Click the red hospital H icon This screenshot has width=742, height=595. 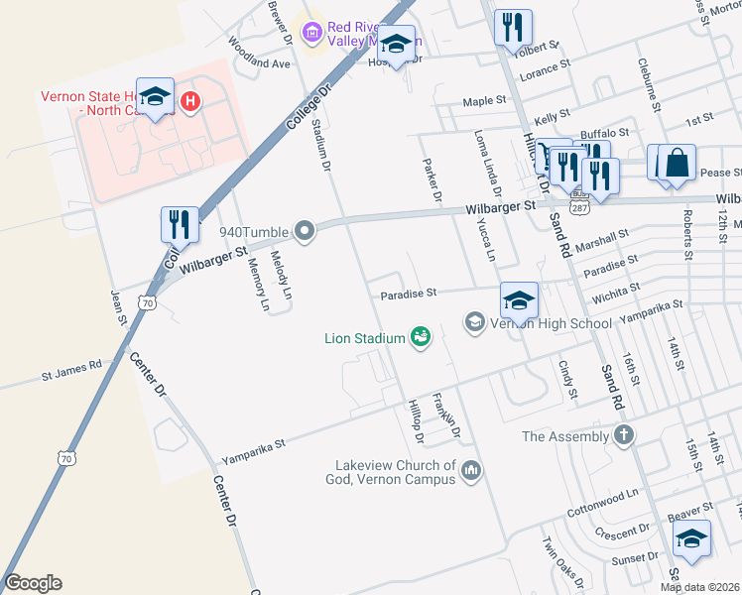click(x=189, y=101)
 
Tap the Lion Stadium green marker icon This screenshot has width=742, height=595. click(x=421, y=338)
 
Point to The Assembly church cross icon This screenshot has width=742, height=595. click(x=623, y=435)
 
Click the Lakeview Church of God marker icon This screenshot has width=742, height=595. click(x=471, y=470)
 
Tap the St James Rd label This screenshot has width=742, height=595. click(x=71, y=377)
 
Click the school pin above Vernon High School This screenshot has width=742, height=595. click(x=519, y=299)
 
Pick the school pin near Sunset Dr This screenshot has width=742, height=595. click(x=691, y=538)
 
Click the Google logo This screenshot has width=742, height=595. click(x=33, y=583)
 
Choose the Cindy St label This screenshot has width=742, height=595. click(x=567, y=379)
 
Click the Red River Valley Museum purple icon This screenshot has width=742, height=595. click(x=313, y=34)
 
